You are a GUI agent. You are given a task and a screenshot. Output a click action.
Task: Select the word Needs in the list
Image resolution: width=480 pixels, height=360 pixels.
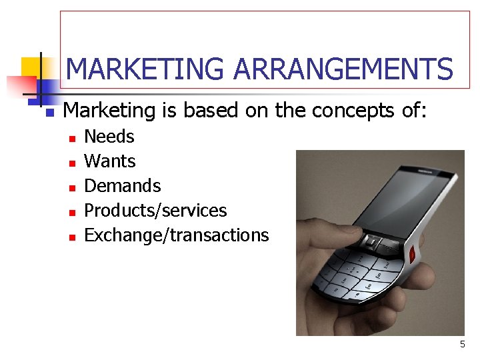click(109, 137)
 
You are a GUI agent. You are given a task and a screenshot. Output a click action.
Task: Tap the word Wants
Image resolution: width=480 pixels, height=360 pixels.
click(110, 161)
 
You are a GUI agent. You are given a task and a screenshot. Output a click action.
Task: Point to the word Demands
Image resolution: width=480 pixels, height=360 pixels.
click(123, 185)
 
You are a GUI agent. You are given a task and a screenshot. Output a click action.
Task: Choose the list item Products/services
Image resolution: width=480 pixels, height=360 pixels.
click(155, 211)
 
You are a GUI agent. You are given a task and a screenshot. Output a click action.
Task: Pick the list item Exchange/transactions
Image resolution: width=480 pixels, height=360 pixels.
click(177, 235)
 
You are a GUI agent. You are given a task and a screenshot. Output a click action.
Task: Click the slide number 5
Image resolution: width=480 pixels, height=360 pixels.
click(462, 345)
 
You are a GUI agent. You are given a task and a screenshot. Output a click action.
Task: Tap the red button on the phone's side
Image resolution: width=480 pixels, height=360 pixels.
click(413, 253)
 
